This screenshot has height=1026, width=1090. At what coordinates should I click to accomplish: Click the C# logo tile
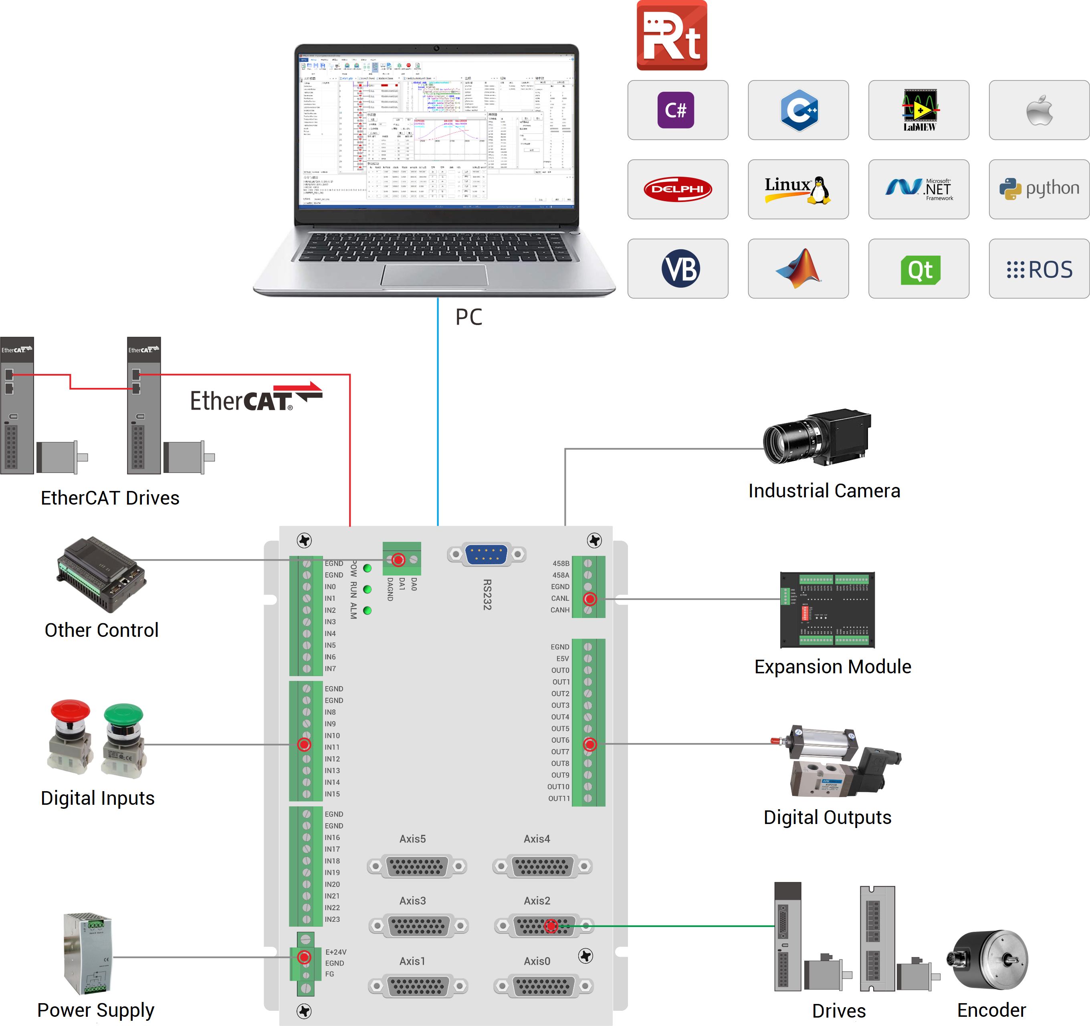click(x=678, y=110)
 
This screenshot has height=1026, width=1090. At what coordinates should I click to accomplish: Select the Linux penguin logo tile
click(x=798, y=190)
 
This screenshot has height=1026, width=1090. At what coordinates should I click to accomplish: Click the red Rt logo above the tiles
click(x=672, y=36)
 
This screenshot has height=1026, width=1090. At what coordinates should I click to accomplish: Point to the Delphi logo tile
click(x=678, y=190)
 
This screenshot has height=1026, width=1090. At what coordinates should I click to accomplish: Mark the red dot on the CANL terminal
click(x=589, y=599)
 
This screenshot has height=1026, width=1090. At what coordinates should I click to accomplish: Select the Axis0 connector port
click(x=543, y=986)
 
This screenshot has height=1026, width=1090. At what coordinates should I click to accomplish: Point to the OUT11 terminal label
click(x=559, y=798)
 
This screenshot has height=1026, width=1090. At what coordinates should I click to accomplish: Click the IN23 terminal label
click(x=332, y=920)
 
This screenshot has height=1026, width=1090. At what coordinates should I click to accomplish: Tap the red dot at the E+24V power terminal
click(x=304, y=957)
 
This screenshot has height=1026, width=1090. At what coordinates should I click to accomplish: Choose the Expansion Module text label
click(x=832, y=667)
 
